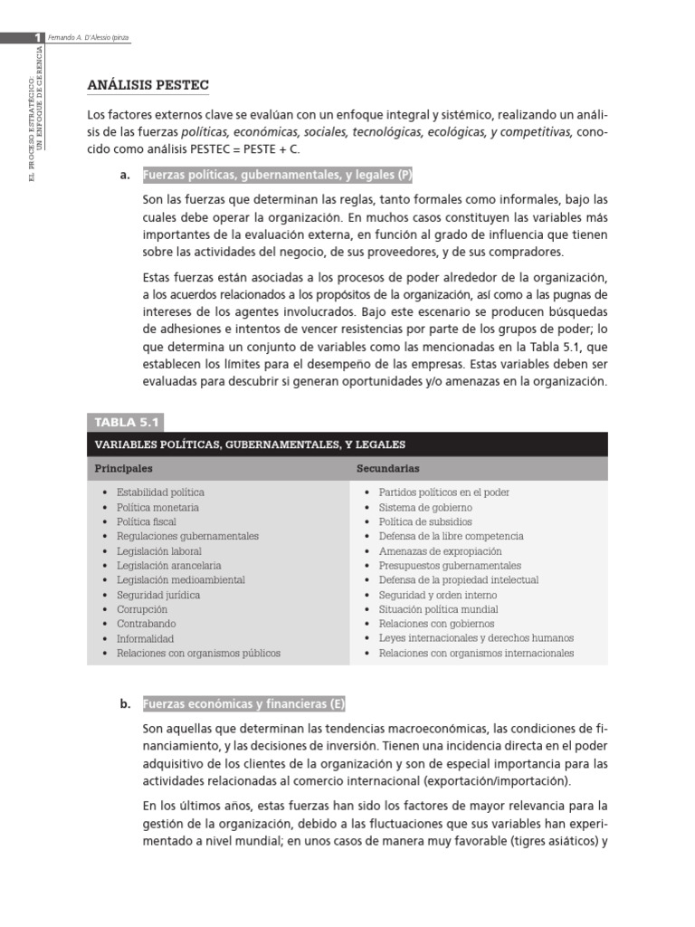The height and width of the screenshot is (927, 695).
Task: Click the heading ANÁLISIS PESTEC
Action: tap(148, 85)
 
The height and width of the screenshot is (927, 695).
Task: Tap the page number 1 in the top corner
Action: tap(38, 37)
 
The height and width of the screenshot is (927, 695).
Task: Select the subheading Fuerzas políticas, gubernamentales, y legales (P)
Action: tap(279, 176)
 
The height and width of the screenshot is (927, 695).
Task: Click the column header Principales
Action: tap(123, 469)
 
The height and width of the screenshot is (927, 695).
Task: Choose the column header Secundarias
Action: tap(387, 469)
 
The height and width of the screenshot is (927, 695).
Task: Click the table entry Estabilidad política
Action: tap(160, 492)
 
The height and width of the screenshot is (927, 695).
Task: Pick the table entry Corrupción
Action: tap(142, 609)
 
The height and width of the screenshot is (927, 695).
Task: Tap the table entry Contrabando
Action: tap(147, 624)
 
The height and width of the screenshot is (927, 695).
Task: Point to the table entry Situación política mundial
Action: tap(438, 609)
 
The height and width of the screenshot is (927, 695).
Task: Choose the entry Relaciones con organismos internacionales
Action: tap(476, 653)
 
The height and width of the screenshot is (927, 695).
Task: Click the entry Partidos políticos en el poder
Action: tap(443, 492)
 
